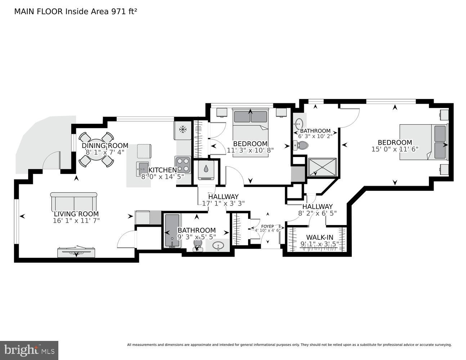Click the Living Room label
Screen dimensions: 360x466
point(76,214)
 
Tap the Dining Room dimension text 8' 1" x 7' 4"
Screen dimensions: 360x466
point(105,152)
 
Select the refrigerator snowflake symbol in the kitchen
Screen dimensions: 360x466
point(183,129)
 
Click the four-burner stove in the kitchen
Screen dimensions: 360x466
point(183,165)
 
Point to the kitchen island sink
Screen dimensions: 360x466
point(142,168)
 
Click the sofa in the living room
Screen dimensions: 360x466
point(74,202)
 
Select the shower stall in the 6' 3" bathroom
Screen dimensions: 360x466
point(322,167)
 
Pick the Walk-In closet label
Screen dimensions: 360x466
point(319,237)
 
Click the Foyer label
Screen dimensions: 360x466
point(267,226)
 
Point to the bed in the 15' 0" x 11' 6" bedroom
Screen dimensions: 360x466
point(423,142)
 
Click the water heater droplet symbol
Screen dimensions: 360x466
point(206,169)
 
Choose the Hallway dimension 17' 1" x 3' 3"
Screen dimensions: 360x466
point(223,203)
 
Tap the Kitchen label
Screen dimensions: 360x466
point(162,170)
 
